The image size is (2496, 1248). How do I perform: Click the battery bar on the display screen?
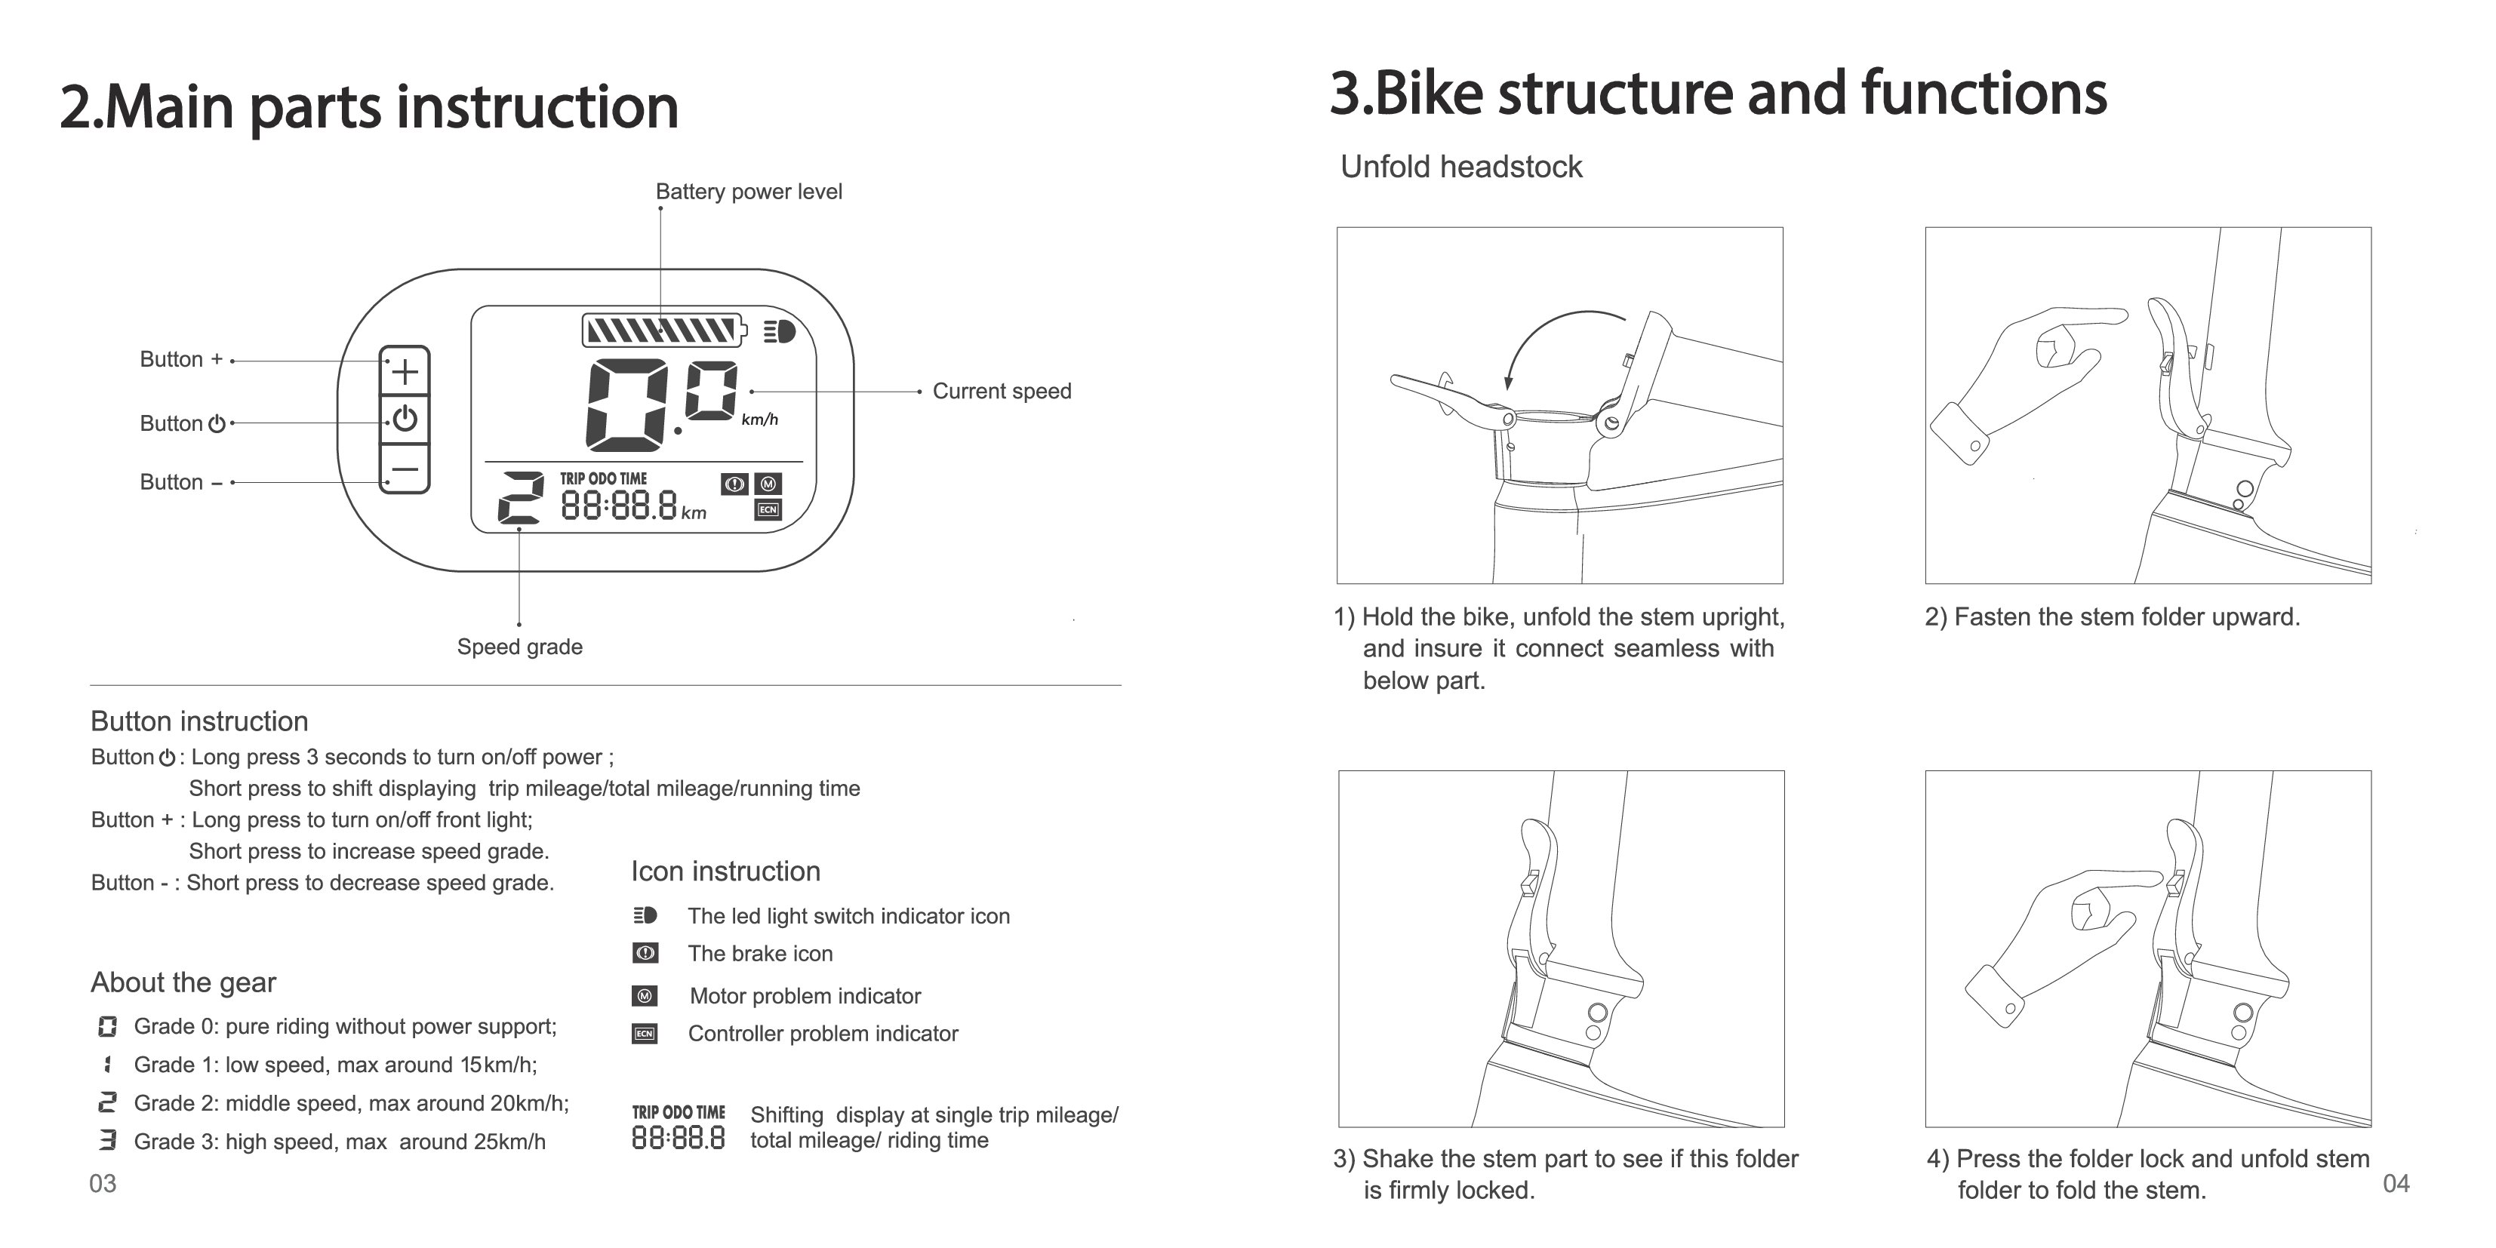click(x=663, y=330)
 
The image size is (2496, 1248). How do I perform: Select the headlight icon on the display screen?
click(x=779, y=331)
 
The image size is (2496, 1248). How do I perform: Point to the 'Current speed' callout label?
click(x=1001, y=392)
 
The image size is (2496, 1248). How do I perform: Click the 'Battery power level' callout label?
click(x=748, y=192)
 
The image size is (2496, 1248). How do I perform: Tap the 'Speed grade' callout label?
click(x=519, y=647)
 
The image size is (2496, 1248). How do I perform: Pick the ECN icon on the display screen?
click(x=768, y=509)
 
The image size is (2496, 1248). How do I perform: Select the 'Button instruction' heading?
click(x=199, y=721)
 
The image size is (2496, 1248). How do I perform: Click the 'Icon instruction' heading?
click(x=726, y=871)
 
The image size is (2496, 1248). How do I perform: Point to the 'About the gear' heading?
click(x=183, y=982)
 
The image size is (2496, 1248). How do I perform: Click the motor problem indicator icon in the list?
click(x=645, y=996)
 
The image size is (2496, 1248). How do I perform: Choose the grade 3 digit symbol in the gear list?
click(x=107, y=1140)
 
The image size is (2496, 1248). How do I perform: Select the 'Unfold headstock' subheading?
click(x=1460, y=167)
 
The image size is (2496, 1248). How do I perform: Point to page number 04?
click(x=2395, y=1183)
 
